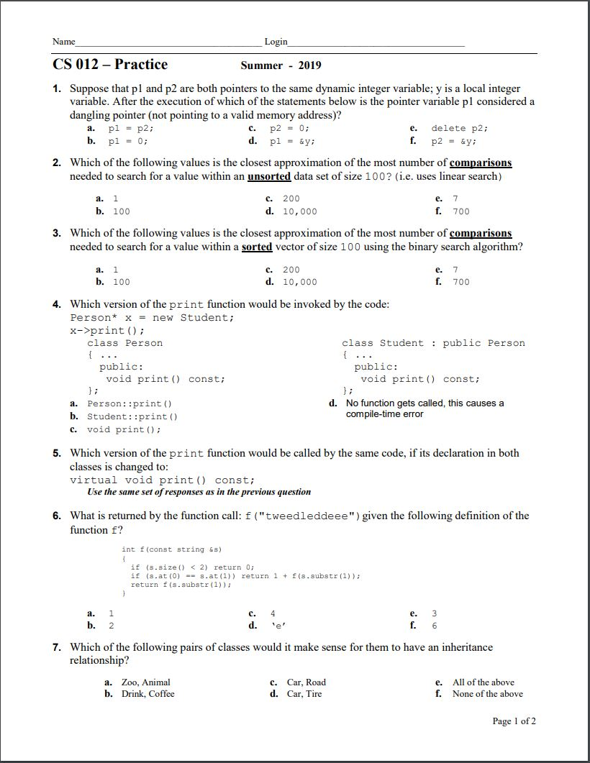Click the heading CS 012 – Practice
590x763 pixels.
(110, 65)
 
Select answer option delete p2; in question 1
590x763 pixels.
(459, 128)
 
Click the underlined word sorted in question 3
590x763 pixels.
(257, 247)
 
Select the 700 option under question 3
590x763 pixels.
(460, 282)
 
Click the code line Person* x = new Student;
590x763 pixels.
(152, 318)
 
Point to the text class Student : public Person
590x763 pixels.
(433, 343)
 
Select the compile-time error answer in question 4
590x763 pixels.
(425, 408)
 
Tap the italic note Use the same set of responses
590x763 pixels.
(199, 492)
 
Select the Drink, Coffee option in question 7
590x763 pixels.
(147, 694)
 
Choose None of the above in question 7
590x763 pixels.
(487, 694)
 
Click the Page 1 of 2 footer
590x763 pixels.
(514, 721)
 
